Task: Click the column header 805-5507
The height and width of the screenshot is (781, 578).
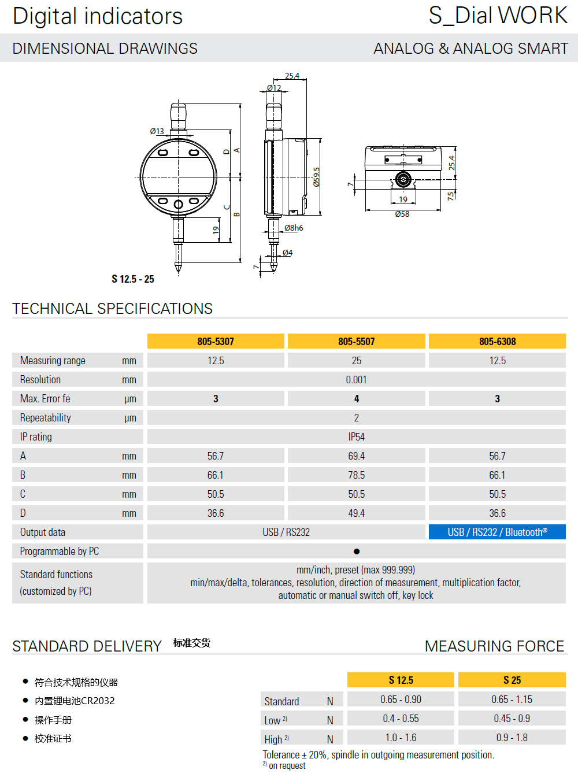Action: (x=356, y=341)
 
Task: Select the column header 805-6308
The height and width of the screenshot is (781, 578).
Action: (x=497, y=341)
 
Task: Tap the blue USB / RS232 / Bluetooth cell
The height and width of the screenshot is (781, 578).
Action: (x=497, y=532)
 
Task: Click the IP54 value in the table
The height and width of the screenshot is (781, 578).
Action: (x=356, y=437)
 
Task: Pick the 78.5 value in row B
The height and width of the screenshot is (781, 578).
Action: (x=356, y=475)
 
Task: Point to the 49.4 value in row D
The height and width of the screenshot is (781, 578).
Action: (x=356, y=513)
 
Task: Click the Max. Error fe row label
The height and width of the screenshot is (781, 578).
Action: (x=45, y=399)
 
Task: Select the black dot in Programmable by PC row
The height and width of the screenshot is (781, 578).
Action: (x=357, y=551)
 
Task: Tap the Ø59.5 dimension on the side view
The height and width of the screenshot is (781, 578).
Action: (x=316, y=177)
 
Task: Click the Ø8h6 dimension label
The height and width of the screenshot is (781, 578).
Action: (x=294, y=228)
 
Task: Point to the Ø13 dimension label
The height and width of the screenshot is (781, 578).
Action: (x=157, y=131)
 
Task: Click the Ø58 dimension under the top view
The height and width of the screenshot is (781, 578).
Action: (x=402, y=214)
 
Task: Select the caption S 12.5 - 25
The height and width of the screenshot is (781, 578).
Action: (x=133, y=279)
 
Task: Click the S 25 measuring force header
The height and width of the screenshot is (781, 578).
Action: (x=512, y=680)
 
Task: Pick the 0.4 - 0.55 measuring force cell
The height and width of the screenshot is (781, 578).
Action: (x=401, y=719)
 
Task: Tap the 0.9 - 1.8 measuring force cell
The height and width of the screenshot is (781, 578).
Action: (x=512, y=738)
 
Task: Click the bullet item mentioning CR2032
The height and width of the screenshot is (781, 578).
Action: (x=75, y=701)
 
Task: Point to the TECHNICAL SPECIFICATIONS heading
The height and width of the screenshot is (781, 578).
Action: (x=113, y=309)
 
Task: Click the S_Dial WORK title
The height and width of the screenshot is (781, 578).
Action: (x=498, y=16)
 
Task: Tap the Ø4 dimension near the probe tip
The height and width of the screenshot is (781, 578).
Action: (x=287, y=253)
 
